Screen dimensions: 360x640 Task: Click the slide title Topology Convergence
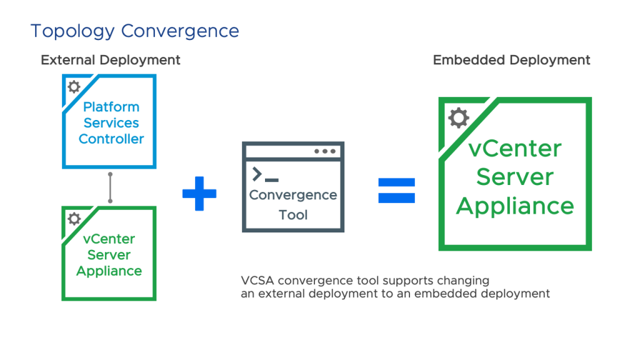(134, 31)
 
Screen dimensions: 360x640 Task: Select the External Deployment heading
(111, 60)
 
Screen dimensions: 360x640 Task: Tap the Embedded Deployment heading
(511, 60)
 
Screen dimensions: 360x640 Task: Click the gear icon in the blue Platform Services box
(74, 86)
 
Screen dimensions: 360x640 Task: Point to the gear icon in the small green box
(74, 218)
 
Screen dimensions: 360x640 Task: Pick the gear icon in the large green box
(458, 117)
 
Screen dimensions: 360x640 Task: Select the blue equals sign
(396, 191)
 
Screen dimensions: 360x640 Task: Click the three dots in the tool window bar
(324, 151)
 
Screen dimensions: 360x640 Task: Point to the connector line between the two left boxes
(111, 187)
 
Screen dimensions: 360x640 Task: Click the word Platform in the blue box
(111, 107)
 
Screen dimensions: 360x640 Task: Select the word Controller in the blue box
(111, 139)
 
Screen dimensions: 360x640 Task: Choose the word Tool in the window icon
(293, 215)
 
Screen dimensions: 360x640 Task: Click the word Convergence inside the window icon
(293, 195)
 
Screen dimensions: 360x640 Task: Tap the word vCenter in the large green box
(515, 149)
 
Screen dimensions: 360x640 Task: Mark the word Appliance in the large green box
(515, 206)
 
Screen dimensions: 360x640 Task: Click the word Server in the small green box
(109, 255)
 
